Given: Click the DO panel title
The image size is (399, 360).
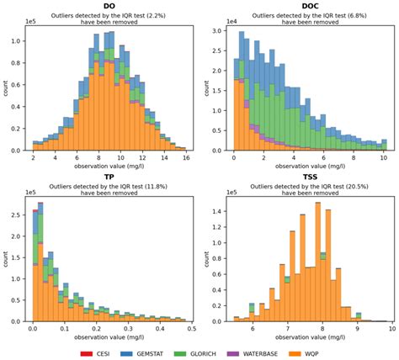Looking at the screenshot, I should [109, 6].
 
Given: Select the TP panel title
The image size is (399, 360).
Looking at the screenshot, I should [109, 177].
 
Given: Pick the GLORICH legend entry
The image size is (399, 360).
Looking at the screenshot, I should [207, 349].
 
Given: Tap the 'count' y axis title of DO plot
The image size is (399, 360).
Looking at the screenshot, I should [7, 87].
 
